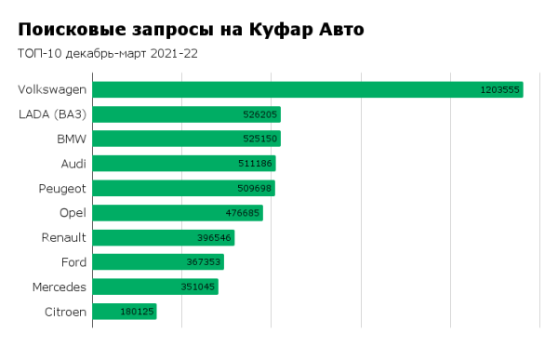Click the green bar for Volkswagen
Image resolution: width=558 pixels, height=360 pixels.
[307, 89]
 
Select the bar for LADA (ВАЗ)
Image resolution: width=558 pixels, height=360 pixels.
[186, 114]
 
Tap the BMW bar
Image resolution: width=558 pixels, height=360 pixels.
[186, 139]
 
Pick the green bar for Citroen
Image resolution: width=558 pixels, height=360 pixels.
[124, 312]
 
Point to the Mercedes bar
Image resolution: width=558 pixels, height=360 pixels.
[154, 287]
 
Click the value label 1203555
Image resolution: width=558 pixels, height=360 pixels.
[499, 90]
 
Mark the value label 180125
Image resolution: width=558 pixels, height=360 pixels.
[136, 312]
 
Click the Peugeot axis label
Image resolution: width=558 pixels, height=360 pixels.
[60, 188]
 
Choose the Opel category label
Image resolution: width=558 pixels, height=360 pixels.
[73, 213]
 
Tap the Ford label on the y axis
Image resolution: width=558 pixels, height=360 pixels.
[73, 262]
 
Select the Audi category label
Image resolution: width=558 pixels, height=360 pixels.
[73, 164]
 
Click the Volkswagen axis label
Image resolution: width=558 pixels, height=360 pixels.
[52, 89]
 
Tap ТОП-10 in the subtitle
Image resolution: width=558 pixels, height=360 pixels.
[36, 53]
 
